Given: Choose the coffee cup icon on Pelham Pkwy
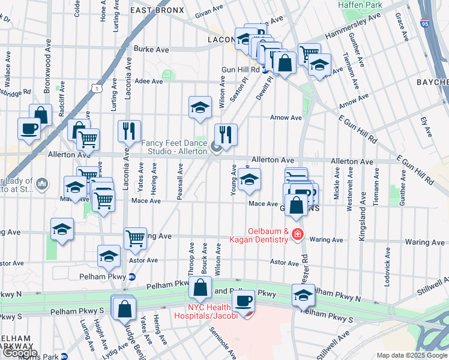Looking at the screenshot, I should click(x=243, y=299).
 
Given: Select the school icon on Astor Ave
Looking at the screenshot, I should click(x=109, y=256).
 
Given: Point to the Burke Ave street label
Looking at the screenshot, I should click(x=151, y=50).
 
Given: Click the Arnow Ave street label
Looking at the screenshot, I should click(x=286, y=118).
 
